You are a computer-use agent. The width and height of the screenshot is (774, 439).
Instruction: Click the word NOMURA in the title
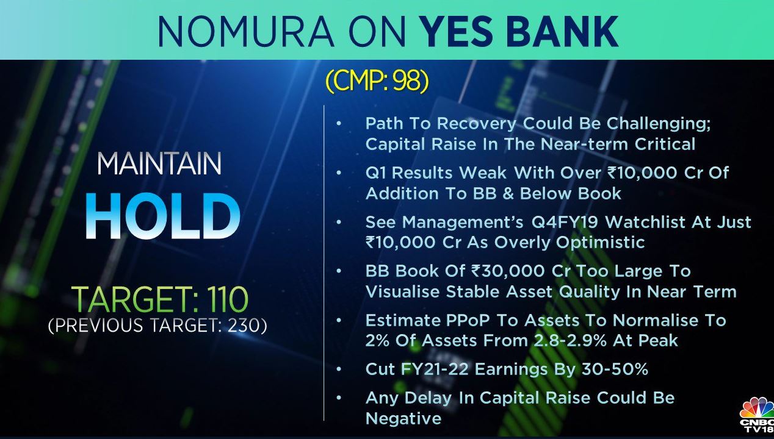(x=245, y=31)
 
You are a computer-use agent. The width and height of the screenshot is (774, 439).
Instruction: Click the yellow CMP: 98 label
(x=377, y=81)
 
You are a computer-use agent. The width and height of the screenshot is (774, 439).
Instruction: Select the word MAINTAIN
(x=159, y=164)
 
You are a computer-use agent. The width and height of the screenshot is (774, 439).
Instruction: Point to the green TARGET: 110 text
(x=160, y=299)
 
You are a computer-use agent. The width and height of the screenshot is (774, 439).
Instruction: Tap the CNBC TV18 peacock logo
(x=758, y=418)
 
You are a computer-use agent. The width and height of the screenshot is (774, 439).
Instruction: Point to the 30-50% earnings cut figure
(x=615, y=369)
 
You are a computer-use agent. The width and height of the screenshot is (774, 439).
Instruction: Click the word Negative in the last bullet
(x=403, y=419)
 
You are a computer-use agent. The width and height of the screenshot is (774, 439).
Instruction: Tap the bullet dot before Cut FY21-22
(x=339, y=369)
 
